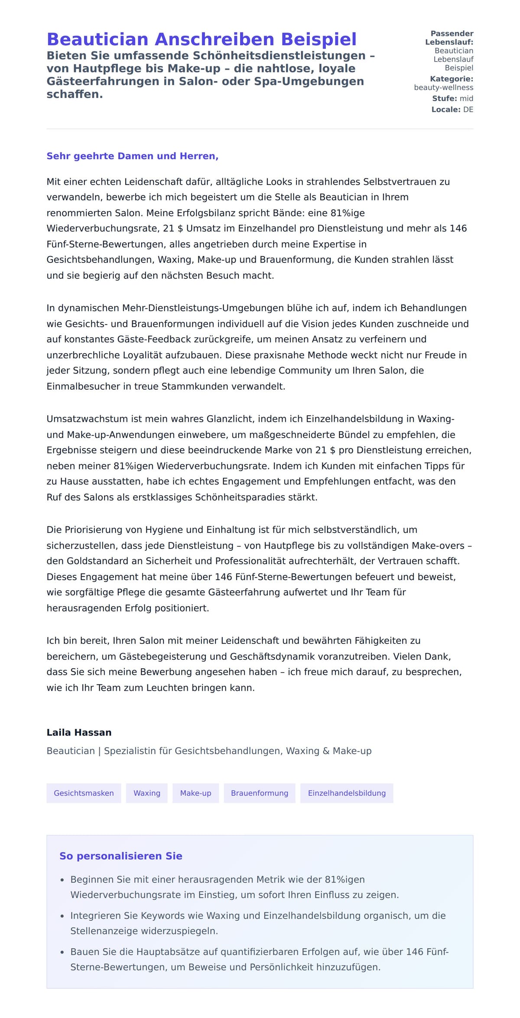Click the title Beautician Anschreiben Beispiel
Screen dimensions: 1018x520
coord(201,39)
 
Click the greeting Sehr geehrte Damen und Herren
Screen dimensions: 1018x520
coord(132,156)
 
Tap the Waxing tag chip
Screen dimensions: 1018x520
coord(146,793)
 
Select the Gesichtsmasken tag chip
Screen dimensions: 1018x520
coord(84,793)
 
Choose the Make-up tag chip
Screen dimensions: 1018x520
coord(195,793)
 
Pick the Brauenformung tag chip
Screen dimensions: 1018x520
coord(259,793)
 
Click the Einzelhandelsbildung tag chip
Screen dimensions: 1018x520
coord(347,793)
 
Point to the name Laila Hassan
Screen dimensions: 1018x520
coord(79,732)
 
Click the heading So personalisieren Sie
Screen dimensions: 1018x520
coord(120,856)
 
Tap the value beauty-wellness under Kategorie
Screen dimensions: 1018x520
coord(443,88)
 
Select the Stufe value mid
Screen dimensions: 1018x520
coord(466,99)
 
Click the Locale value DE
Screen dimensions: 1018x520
coord(468,110)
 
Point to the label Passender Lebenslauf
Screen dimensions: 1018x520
coord(449,38)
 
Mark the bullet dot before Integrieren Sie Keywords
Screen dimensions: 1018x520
coord(62,916)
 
